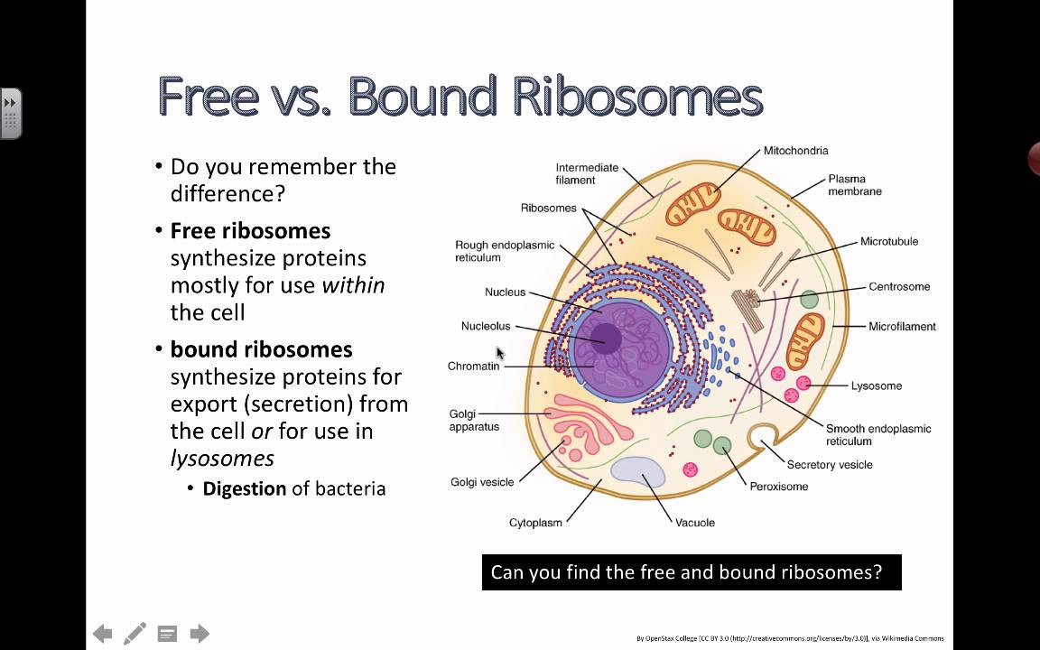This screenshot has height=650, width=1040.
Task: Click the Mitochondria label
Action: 795,151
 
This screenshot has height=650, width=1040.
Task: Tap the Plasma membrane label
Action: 854,185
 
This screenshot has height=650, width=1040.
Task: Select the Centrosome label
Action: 899,287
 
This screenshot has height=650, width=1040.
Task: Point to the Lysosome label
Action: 876,386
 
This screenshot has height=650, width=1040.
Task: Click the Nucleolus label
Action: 486,327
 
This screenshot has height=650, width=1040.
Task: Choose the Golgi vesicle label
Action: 482,482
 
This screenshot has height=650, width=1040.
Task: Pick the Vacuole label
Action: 695,523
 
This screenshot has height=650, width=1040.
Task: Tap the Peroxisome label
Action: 778,487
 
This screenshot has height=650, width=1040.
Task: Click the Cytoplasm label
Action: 535,523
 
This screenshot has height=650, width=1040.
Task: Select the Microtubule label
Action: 888,242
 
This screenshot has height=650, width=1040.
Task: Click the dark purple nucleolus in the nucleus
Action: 605,339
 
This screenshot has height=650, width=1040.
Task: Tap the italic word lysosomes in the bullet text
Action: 222,459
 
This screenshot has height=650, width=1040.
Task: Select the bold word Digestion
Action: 244,489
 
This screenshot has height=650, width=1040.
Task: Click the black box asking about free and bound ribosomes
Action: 692,572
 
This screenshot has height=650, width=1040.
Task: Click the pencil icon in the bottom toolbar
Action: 135,634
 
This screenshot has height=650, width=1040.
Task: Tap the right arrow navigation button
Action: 200,634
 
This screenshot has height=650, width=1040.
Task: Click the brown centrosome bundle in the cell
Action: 746,302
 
